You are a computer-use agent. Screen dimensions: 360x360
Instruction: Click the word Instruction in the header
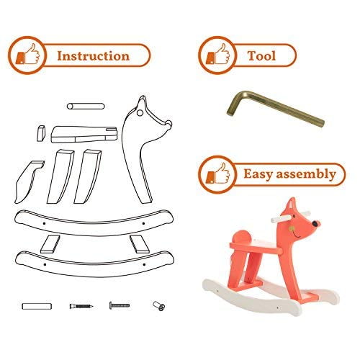pyautogui.click(x=94, y=55)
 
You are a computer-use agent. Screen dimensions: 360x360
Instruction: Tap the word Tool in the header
pyautogui.click(x=261, y=55)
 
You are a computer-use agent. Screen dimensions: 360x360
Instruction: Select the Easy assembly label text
pyautogui.click(x=289, y=174)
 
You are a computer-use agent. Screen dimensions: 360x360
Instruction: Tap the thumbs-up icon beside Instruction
pyautogui.click(x=27, y=55)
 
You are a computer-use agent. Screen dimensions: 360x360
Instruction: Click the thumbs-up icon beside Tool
pyautogui.click(x=218, y=55)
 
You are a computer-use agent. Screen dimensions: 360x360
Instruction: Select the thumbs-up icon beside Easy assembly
pyautogui.click(x=218, y=174)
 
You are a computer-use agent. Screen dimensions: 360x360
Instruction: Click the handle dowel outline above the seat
pyautogui.click(x=86, y=106)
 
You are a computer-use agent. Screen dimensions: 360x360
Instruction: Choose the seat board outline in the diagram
pyautogui.click(x=84, y=135)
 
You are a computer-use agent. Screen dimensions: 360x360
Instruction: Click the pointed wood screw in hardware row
pyautogui.click(x=81, y=306)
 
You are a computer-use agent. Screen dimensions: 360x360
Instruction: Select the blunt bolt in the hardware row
pyautogui.click(x=120, y=305)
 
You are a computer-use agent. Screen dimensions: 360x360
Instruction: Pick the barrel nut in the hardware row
pyautogui.click(x=159, y=306)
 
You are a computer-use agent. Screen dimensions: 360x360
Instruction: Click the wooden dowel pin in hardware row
pyautogui.click(x=37, y=306)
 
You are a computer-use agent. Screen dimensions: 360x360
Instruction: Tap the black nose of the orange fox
pyautogui.click(x=315, y=224)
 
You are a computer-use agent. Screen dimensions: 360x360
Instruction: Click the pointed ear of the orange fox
pyautogui.click(x=291, y=204)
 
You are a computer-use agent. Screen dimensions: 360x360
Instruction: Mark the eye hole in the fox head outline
pyautogui.click(x=140, y=113)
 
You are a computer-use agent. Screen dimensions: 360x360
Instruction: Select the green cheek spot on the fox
pyautogui.click(x=292, y=229)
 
